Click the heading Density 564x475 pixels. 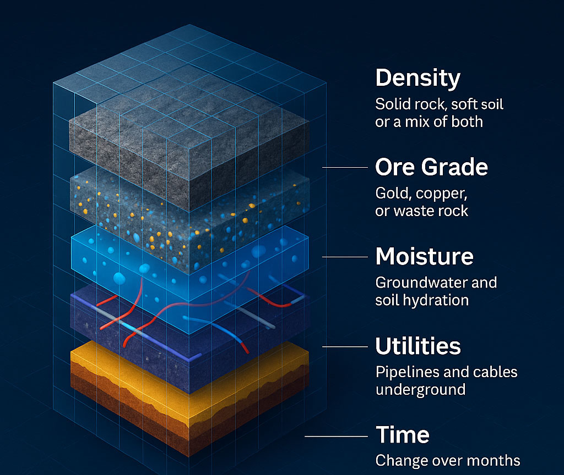[x=417, y=78]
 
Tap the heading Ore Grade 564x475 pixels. [x=431, y=167]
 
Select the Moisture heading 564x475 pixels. [x=425, y=256]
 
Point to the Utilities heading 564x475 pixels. [x=418, y=346]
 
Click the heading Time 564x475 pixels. [x=403, y=435]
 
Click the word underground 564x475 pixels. [x=420, y=390]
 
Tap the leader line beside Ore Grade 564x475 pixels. [x=345, y=167]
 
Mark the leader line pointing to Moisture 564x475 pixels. [x=345, y=257]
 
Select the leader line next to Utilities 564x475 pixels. [x=345, y=347]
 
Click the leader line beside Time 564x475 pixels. [x=337, y=437]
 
